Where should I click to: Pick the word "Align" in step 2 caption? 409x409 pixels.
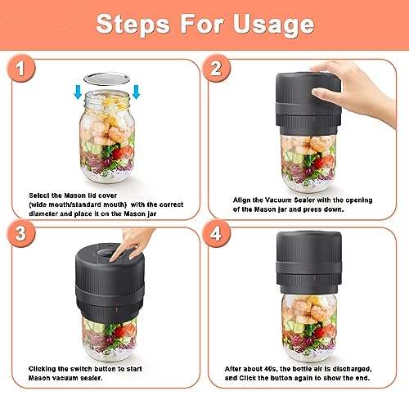tap(233, 199)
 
